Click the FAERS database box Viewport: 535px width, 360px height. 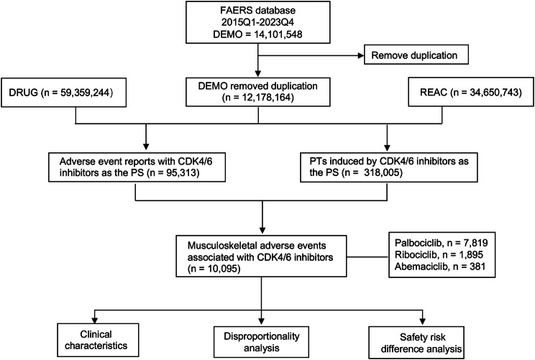pos(258,22)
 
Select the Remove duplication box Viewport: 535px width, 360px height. pos(416,55)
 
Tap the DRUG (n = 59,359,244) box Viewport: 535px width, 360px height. pos(63,93)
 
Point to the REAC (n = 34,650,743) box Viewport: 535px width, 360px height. pos(471,93)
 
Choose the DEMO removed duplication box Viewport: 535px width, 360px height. pos(258,92)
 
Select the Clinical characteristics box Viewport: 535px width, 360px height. pos(98,340)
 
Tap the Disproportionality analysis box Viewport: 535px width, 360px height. pos(261,342)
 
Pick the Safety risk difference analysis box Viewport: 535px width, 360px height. pos(416,343)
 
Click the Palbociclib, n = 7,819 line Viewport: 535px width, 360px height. pos(442,243)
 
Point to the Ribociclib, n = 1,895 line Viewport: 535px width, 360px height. pos(439,254)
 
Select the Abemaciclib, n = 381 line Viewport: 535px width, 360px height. pos(440,266)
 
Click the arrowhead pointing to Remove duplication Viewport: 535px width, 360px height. pos(361,55)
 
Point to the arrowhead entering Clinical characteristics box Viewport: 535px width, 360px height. pos(95,320)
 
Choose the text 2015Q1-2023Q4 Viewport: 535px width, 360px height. pos(257,22)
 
